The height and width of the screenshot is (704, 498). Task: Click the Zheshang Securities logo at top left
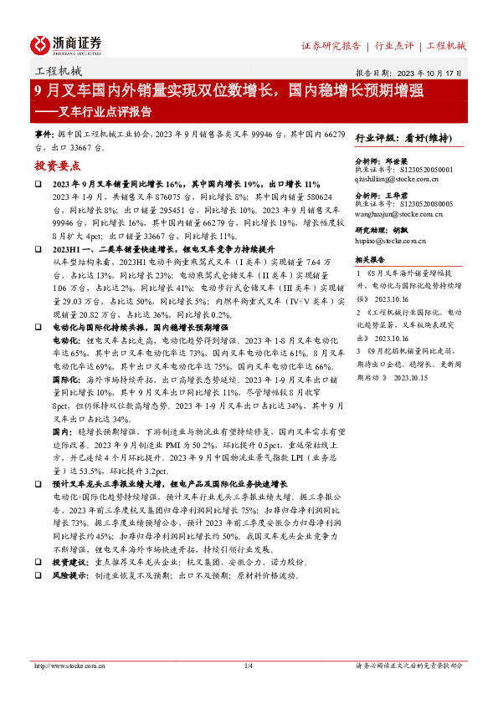pyautogui.click(x=65, y=44)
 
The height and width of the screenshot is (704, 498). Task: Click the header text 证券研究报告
pyautogui.click(x=331, y=46)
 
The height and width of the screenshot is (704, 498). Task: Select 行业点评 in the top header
pyautogui.click(x=394, y=46)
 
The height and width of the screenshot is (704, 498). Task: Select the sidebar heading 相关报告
pyautogui.click(x=370, y=260)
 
